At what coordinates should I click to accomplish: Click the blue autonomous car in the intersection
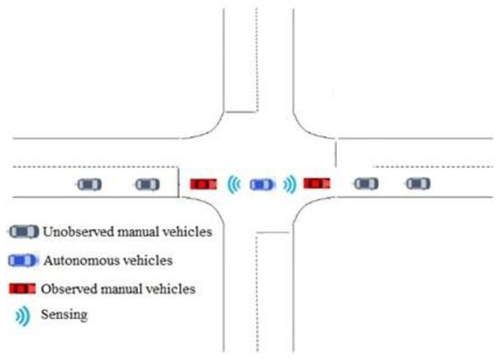click(x=261, y=184)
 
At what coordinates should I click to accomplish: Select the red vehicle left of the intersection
click(x=203, y=184)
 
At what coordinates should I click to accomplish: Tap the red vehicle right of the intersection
click(x=317, y=184)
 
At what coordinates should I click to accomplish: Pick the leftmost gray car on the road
click(x=89, y=184)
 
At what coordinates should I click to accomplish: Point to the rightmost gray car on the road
click(x=418, y=184)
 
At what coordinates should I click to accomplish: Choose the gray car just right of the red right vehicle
click(x=365, y=184)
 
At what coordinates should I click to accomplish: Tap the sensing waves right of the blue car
click(x=289, y=184)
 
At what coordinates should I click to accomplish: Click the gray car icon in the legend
click(x=24, y=231)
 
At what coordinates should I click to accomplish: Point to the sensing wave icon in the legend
click(x=22, y=316)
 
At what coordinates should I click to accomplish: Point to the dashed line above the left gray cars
click(x=91, y=167)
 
